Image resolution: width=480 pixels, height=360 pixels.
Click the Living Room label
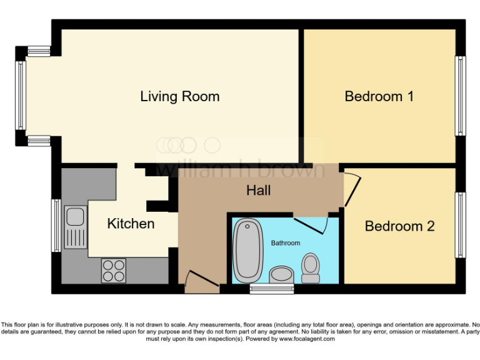tap(179, 96)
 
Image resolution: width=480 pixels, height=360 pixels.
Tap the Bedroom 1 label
tap(379, 96)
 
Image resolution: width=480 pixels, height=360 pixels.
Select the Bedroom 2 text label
tap(399, 226)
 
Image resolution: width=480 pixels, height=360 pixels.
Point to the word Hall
tap(258, 190)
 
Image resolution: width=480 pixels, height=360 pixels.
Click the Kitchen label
tap(131, 223)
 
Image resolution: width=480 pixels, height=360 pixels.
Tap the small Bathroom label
tap(285, 242)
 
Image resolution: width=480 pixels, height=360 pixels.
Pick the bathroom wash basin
tap(281, 274)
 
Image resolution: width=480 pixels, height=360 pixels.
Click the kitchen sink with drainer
tap(74, 226)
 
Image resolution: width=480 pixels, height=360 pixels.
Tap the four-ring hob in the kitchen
tap(113, 271)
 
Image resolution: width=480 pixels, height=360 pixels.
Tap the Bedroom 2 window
tap(460, 225)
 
